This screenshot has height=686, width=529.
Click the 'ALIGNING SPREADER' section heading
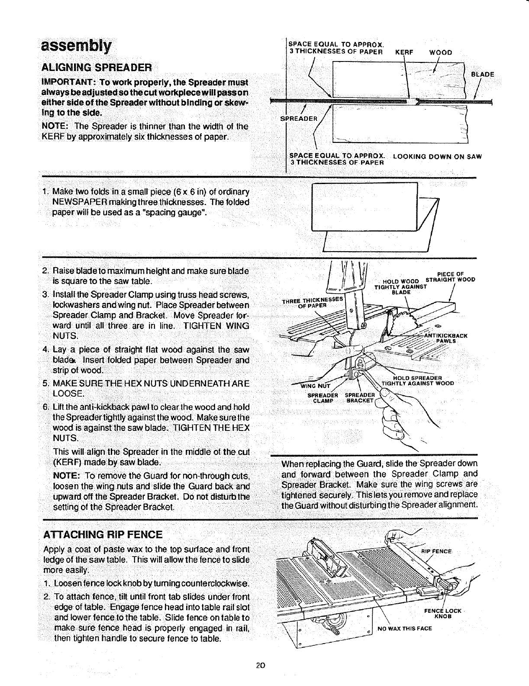96,68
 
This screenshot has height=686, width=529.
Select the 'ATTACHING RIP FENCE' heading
103,534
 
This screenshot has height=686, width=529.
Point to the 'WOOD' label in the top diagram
440,52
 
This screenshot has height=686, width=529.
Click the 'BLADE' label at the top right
482,74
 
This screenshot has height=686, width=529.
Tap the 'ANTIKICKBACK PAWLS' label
445,338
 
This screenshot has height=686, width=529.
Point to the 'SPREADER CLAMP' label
322,398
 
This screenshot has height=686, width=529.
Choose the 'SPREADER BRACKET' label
359,398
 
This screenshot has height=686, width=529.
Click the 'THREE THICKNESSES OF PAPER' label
313,301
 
